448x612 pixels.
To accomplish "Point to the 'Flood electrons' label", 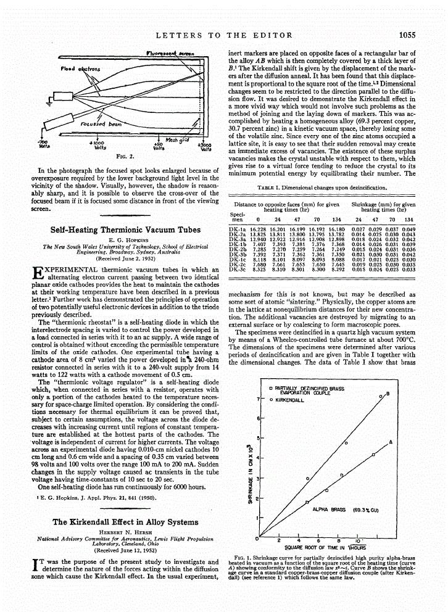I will (x=77, y=69).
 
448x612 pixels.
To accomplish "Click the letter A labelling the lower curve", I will (x=391, y=442).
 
